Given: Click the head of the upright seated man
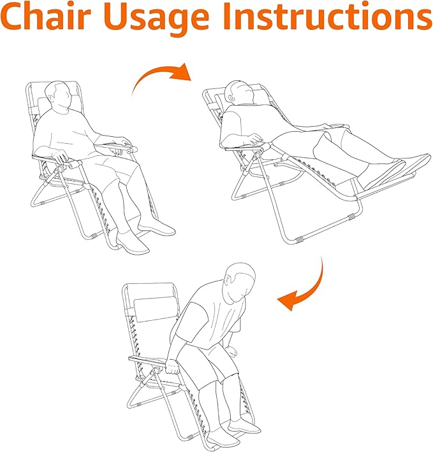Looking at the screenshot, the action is click(60, 94).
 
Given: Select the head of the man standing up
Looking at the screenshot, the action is click(240, 281).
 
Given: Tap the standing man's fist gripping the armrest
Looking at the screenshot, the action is click(173, 367).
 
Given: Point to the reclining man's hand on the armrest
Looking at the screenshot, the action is click(256, 139).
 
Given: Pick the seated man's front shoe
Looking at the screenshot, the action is click(133, 244).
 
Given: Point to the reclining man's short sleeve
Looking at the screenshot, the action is click(231, 127).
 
